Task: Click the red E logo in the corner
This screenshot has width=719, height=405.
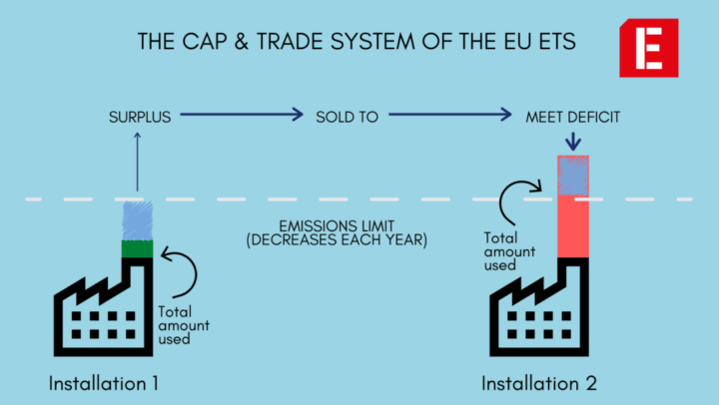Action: pos(648,47)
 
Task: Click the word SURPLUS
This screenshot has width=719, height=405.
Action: pos(139,117)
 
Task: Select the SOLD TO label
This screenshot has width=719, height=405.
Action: pos(346,117)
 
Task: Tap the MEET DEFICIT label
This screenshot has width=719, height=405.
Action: pos(573,117)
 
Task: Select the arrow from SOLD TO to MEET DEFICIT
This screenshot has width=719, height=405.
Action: pos(449,116)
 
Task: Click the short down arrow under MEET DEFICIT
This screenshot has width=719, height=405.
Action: pos(573,142)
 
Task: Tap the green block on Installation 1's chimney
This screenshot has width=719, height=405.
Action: pos(137,248)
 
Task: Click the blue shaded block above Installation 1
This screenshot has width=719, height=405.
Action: pos(137,219)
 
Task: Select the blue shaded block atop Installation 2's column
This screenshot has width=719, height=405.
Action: pos(573,175)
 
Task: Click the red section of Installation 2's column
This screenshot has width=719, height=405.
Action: pos(573,225)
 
